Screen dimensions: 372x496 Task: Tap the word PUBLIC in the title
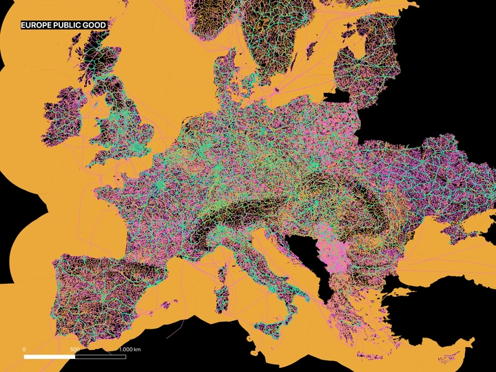tap(72, 25)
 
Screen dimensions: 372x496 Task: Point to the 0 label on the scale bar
tap(25, 349)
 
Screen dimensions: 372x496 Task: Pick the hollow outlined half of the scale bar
tap(100, 357)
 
